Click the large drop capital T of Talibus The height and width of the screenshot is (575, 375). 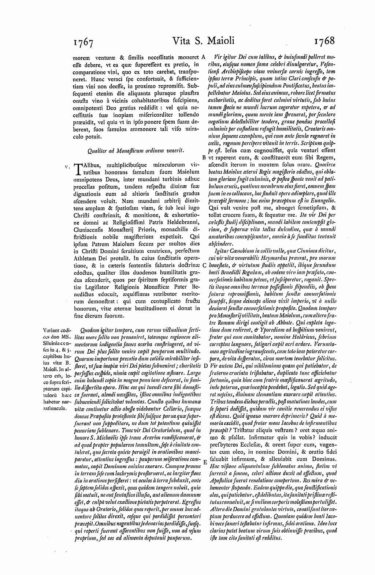pyautogui.click(x=78, y=169)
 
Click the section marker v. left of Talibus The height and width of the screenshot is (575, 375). pyautogui.click(x=67, y=166)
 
